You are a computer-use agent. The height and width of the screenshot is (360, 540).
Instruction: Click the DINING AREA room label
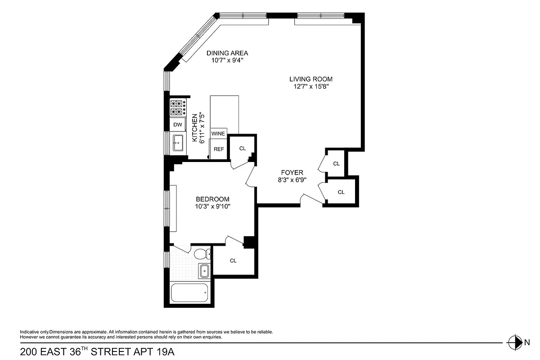[x=227, y=53]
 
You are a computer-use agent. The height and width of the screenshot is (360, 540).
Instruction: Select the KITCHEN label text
[x=195, y=128]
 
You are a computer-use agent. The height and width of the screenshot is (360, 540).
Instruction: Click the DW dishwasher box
[x=177, y=125]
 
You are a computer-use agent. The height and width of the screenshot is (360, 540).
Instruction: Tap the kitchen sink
[x=178, y=143]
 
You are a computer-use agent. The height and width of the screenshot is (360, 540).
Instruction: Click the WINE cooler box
[x=218, y=134]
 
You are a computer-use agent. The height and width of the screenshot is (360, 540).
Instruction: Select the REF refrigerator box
[x=219, y=149]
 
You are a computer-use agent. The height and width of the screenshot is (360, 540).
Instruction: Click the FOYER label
[x=292, y=172]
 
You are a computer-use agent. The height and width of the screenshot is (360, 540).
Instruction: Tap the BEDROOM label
[x=212, y=199]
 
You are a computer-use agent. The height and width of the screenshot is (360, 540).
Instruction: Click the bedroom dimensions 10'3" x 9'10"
[x=212, y=207]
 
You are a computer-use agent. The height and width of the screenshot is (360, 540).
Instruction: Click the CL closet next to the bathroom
[x=233, y=260]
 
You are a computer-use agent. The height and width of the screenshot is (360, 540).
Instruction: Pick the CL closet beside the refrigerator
[x=243, y=148]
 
